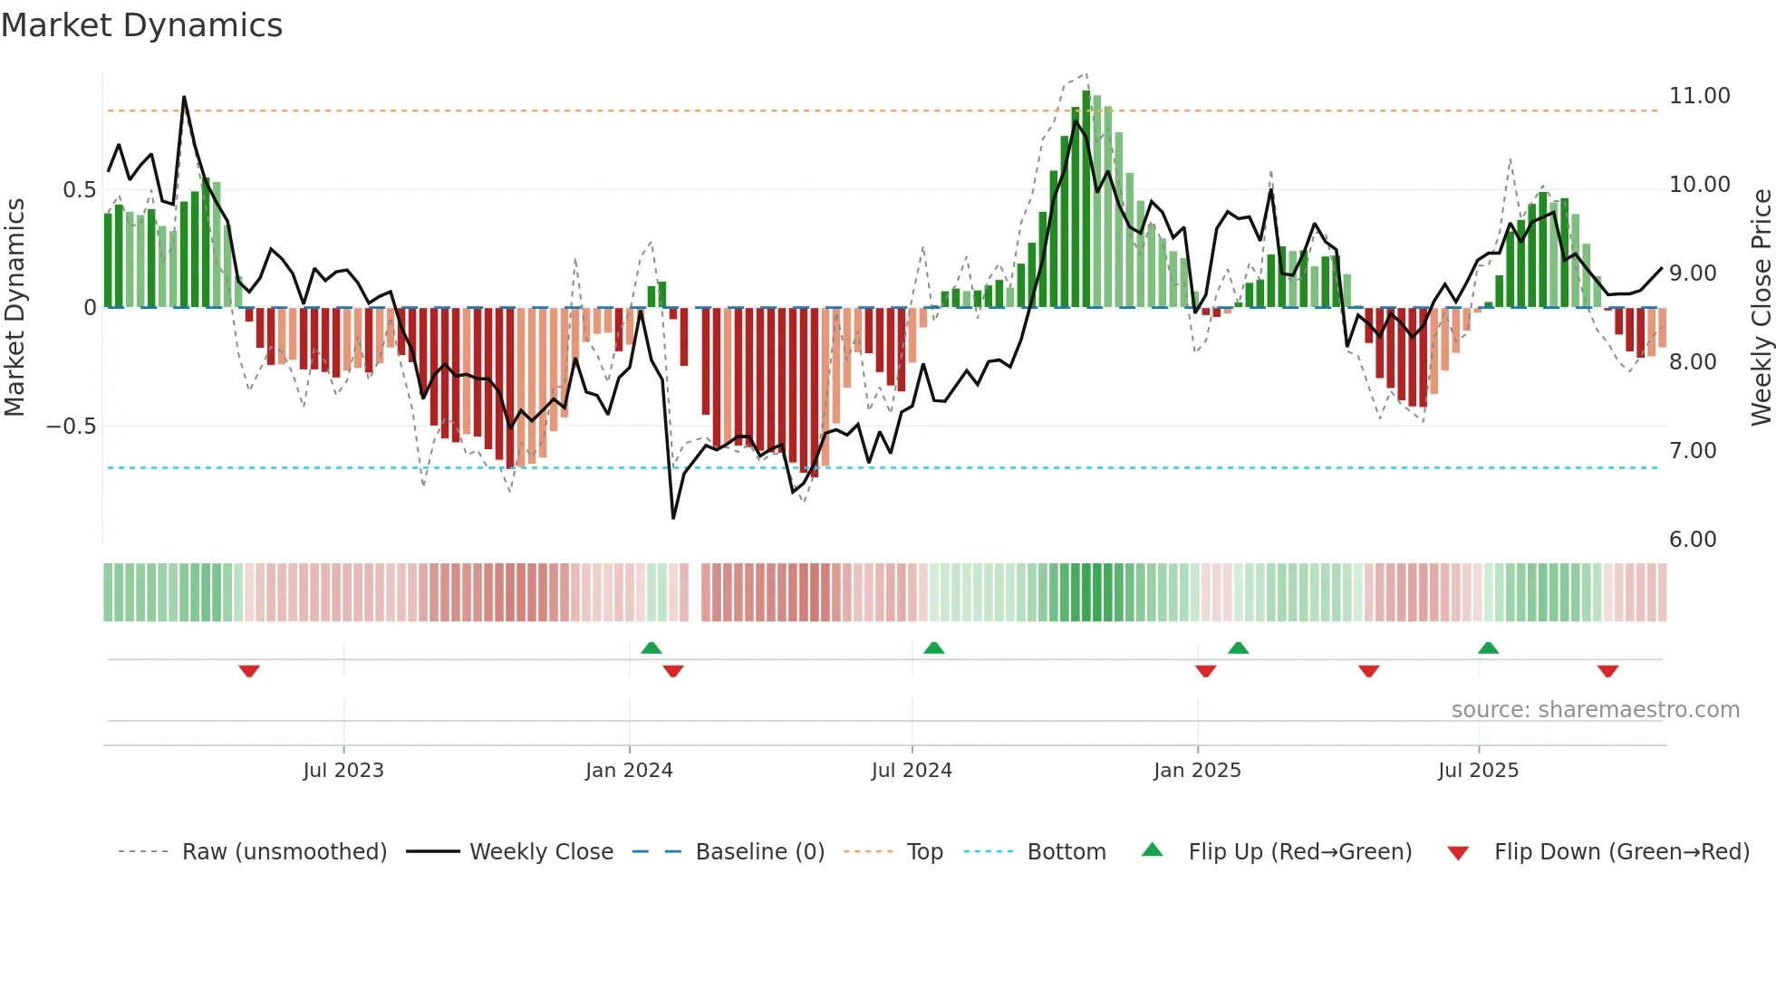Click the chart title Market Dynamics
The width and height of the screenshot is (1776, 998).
point(141,25)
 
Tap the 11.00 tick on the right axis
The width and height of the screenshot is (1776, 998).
point(1699,96)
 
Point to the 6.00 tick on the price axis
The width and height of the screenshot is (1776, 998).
point(1692,540)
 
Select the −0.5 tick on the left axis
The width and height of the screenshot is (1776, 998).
point(72,427)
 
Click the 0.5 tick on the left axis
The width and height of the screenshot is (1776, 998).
point(79,190)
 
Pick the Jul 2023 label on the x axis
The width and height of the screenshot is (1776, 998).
point(343,771)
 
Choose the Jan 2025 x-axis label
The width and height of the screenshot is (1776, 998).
point(1197,771)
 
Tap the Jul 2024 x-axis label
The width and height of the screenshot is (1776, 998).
point(912,771)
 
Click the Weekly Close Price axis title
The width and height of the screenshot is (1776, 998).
point(1761,308)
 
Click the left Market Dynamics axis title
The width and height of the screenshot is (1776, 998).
point(14,308)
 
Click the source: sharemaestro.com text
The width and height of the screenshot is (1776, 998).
point(1595,710)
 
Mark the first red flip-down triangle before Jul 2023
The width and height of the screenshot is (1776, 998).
point(249,671)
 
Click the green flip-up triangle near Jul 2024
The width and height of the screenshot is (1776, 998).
point(933,648)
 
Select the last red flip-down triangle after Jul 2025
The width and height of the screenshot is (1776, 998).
point(1607,671)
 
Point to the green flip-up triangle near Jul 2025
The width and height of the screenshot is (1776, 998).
point(1488,648)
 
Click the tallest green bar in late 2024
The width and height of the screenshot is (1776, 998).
point(1086,199)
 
